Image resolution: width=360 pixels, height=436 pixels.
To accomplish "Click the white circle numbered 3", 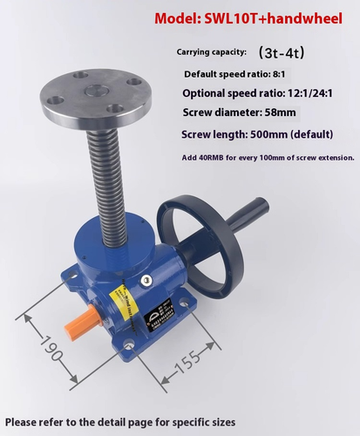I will click(147, 280).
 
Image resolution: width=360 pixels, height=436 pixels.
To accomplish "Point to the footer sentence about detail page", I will click(119, 422).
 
